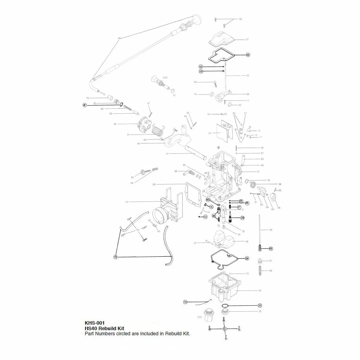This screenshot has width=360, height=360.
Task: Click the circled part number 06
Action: (248, 55)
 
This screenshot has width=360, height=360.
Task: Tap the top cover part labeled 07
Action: (222, 40)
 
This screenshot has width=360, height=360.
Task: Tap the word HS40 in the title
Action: (91, 329)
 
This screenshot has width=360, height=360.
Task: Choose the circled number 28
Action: (247, 258)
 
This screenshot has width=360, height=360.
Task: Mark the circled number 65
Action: (270, 249)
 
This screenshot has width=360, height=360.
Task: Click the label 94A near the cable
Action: (121, 38)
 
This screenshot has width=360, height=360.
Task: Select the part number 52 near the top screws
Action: (240, 19)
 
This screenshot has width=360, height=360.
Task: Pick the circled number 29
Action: (242, 217)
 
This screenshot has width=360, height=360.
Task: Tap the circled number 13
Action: (205, 217)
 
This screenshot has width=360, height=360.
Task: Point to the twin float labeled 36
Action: (222, 237)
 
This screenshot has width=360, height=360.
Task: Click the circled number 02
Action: (201, 67)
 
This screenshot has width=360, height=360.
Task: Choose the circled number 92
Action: (208, 200)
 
